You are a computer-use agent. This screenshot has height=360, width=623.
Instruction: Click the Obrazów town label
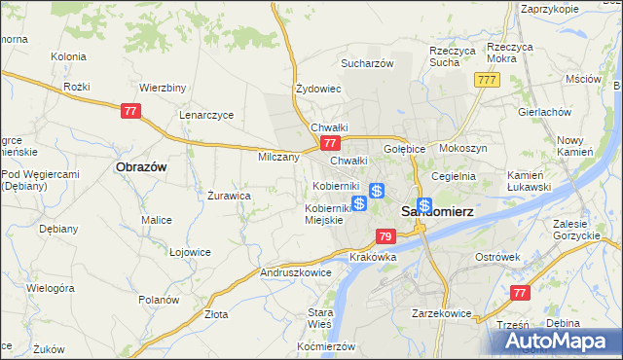point(141,166)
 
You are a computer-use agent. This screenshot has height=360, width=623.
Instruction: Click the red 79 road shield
point(385,236)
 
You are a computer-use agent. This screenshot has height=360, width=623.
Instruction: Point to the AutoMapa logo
point(561,341)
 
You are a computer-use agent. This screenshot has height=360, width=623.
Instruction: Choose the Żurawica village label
point(230,196)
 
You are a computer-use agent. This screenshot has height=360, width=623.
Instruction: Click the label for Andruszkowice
point(296,273)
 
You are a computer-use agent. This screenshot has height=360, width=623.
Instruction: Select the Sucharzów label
point(366,63)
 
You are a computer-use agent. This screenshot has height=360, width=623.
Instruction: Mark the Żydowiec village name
point(318,89)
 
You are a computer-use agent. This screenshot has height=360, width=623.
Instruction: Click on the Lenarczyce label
point(206,114)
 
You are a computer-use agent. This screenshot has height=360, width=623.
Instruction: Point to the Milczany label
point(278,157)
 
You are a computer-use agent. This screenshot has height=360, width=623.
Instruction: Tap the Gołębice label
point(405,149)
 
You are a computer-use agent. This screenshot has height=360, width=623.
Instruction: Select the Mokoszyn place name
point(463,148)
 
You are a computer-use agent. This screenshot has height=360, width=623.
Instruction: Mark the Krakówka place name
point(371,257)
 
